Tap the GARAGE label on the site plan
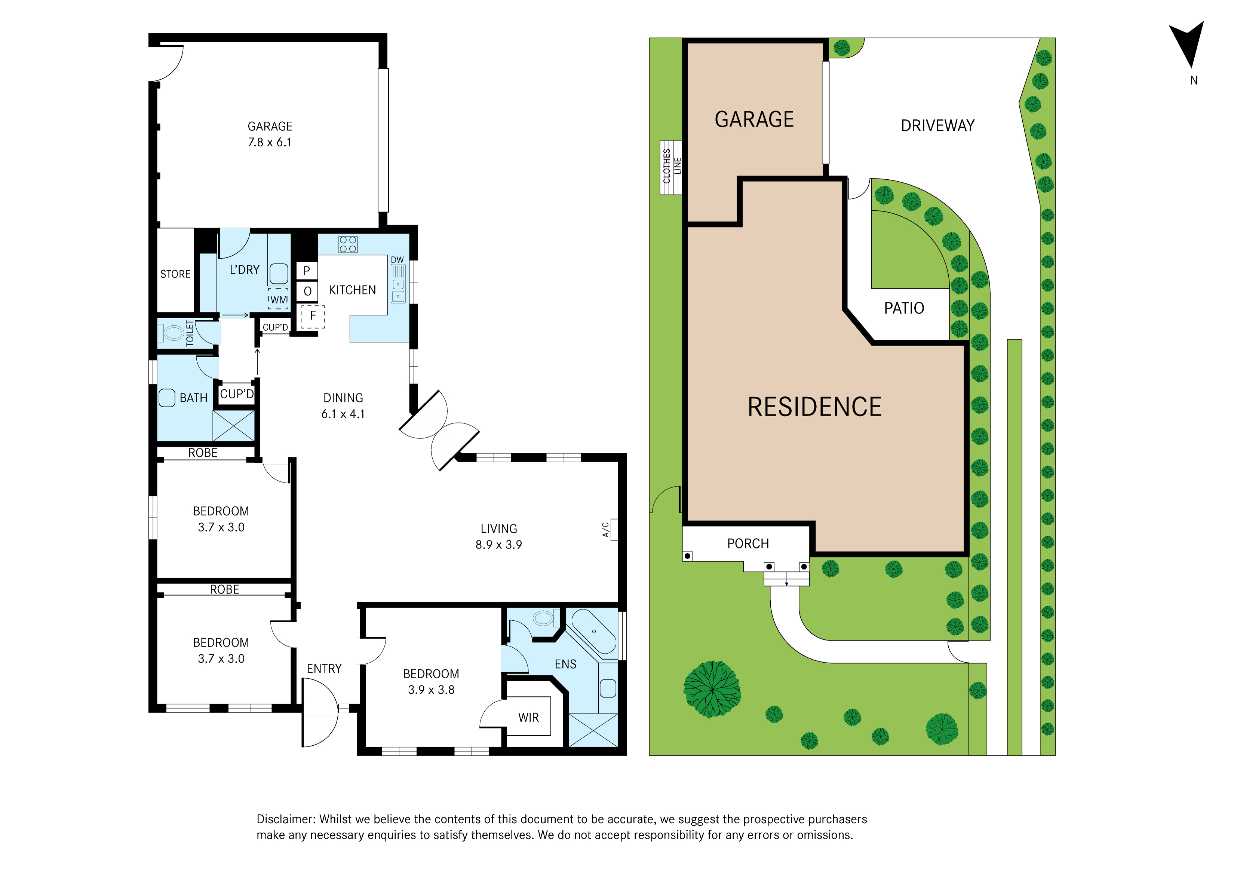(x=754, y=119)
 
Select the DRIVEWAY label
(x=937, y=126)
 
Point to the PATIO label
(x=904, y=308)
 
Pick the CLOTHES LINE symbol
(x=671, y=167)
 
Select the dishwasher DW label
(x=397, y=260)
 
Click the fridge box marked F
(x=312, y=316)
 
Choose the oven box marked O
(x=307, y=291)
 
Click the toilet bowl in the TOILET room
(x=173, y=333)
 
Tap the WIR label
(x=528, y=718)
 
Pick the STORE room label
(x=175, y=274)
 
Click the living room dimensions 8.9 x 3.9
(x=498, y=545)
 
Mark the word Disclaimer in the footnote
(x=285, y=819)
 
